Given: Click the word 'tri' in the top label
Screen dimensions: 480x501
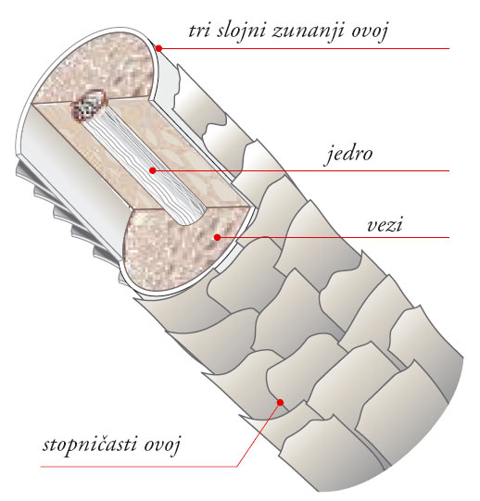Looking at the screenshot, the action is click(198, 31).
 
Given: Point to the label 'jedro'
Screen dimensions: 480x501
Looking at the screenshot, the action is click(348, 154).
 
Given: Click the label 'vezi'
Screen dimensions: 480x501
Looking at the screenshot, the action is click(385, 225).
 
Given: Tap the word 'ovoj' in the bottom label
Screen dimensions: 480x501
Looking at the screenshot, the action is click(162, 445).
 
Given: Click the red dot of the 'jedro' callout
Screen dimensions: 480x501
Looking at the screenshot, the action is click(153, 170).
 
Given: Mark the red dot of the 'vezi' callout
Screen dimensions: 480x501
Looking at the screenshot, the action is click(217, 237).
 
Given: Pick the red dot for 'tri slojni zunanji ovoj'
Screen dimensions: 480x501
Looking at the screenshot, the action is click(159, 48).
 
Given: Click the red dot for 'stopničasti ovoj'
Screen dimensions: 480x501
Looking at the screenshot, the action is click(280, 402).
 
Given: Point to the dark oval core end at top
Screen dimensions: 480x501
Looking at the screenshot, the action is click(89, 105).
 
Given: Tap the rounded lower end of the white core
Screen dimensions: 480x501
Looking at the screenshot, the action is click(189, 218).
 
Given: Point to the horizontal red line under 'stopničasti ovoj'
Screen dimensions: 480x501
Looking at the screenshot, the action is click(139, 467).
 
